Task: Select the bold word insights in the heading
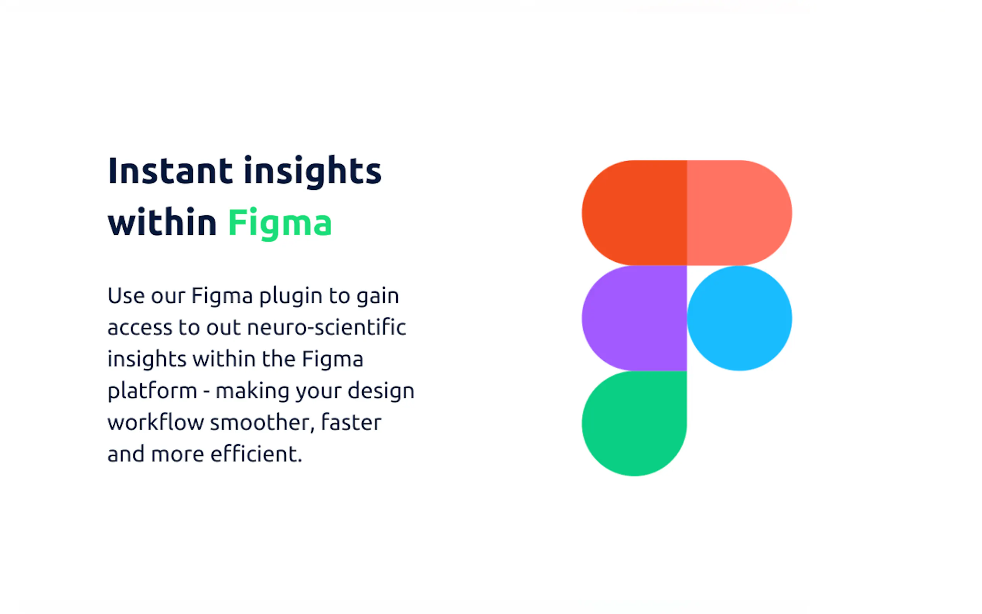[x=313, y=172]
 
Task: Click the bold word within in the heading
[x=162, y=222]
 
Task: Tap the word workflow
[x=156, y=422]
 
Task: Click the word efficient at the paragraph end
[x=254, y=454]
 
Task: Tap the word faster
[x=351, y=422]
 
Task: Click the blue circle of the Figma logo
[x=739, y=318]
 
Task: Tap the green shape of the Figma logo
[x=634, y=423]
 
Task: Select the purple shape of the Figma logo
[x=634, y=318]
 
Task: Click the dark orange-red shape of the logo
[x=634, y=213]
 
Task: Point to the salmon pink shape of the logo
[x=739, y=213]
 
